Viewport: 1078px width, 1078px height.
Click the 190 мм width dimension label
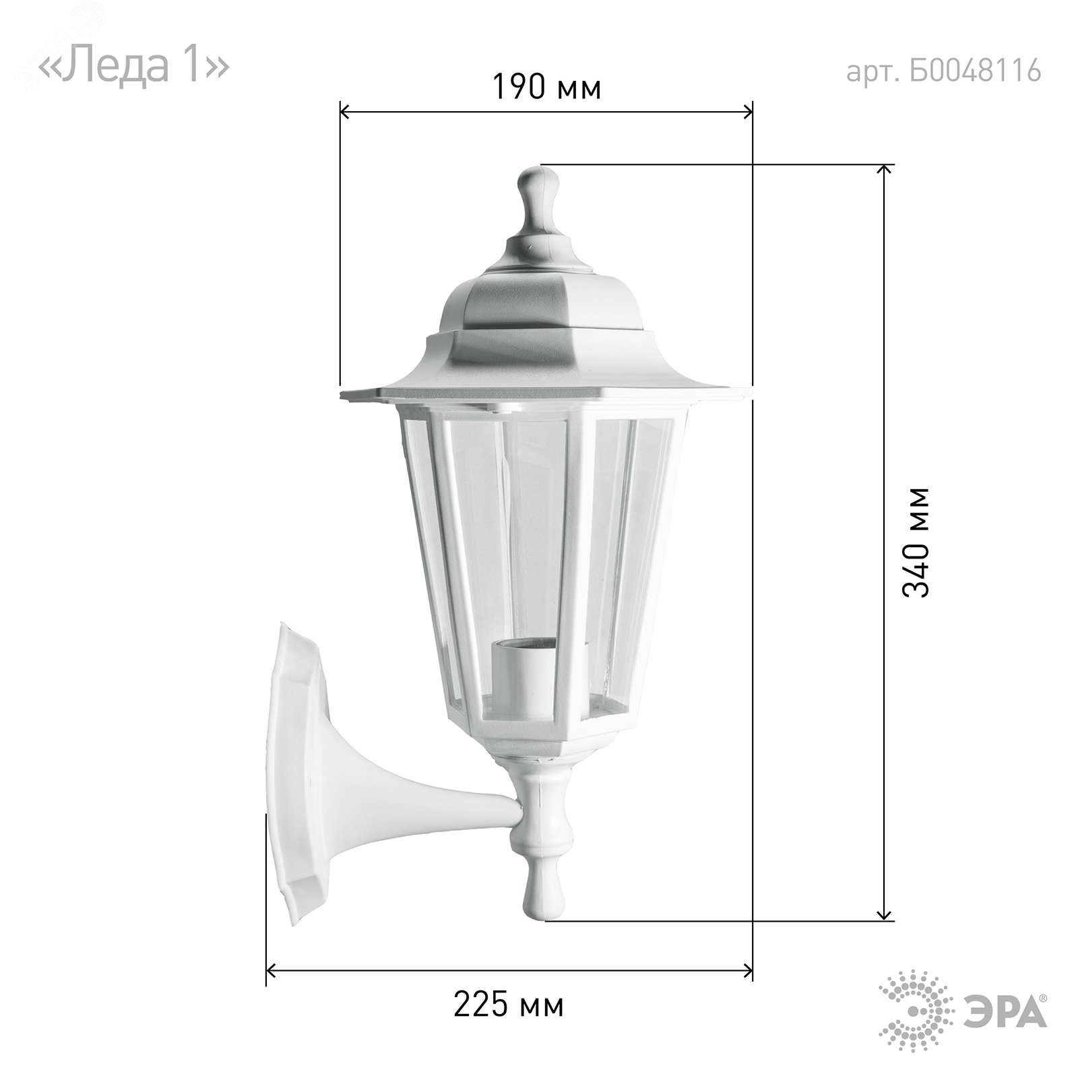coord(546,87)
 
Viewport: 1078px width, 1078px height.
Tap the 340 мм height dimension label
coord(916,542)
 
